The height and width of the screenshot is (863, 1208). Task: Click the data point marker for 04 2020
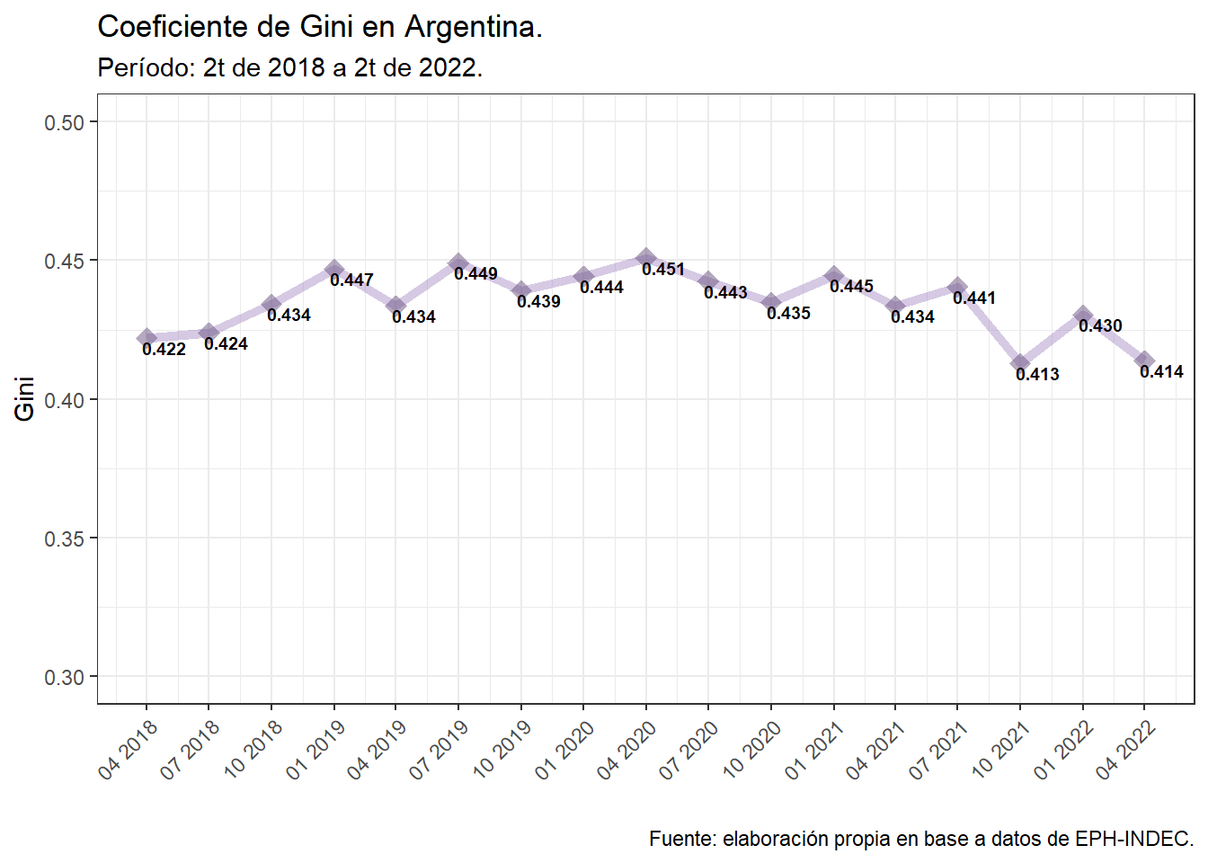tap(645, 258)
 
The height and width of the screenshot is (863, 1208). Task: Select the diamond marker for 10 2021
tap(1020, 363)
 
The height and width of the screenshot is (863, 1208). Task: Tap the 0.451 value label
tap(663, 270)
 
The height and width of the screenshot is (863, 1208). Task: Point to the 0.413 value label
tap(1037, 375)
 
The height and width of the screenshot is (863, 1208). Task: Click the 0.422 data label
tap(164, 350)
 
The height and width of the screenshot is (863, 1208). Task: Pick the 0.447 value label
tap(351, 280)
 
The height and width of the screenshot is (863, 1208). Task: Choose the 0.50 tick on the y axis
tap(64, 122)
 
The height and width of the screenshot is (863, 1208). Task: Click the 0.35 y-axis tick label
tap(64, 538)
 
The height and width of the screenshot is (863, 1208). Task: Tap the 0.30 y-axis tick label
tap(64, 677)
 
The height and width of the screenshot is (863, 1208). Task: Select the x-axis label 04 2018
tap(129, 749)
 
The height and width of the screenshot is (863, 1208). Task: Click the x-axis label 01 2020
tap(564, 749)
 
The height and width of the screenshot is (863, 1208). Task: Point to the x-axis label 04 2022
tap(1125, 749)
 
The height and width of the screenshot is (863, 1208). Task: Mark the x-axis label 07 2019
tap(440, 749)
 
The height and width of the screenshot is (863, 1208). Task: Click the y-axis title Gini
tap(25, 398)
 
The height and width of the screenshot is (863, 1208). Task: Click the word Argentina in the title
tap(473, 27)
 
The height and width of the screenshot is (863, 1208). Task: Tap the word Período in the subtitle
tap(145, 67)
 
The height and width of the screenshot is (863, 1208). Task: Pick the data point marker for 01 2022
tap(1082, 316)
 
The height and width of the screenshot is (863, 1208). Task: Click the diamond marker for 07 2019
tap(458, 263)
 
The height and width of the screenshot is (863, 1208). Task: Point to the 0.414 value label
tap(1161, 372)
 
